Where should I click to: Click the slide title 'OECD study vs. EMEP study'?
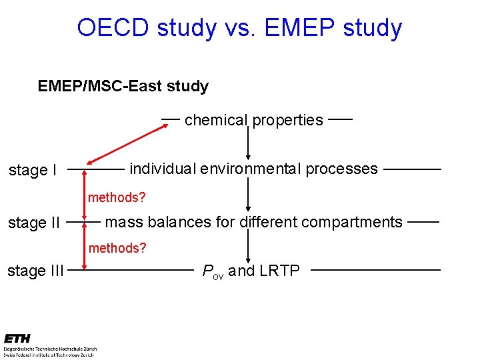coord(239,28)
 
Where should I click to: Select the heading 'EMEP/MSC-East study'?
coord(123,87)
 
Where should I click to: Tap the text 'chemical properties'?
coord(253,120)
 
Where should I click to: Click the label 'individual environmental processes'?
coord(253,169)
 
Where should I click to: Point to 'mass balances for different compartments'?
coord(254,222)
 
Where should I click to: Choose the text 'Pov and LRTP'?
coord(251,270)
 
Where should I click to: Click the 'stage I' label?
coord(32,171)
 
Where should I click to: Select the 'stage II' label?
coord(34,223)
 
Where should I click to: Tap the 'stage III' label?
coord(35,271)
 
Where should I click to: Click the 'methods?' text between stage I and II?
coord(117,197)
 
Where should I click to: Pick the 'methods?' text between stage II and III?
coord(117,248)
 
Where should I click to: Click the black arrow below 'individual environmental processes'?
coord(248,195)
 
